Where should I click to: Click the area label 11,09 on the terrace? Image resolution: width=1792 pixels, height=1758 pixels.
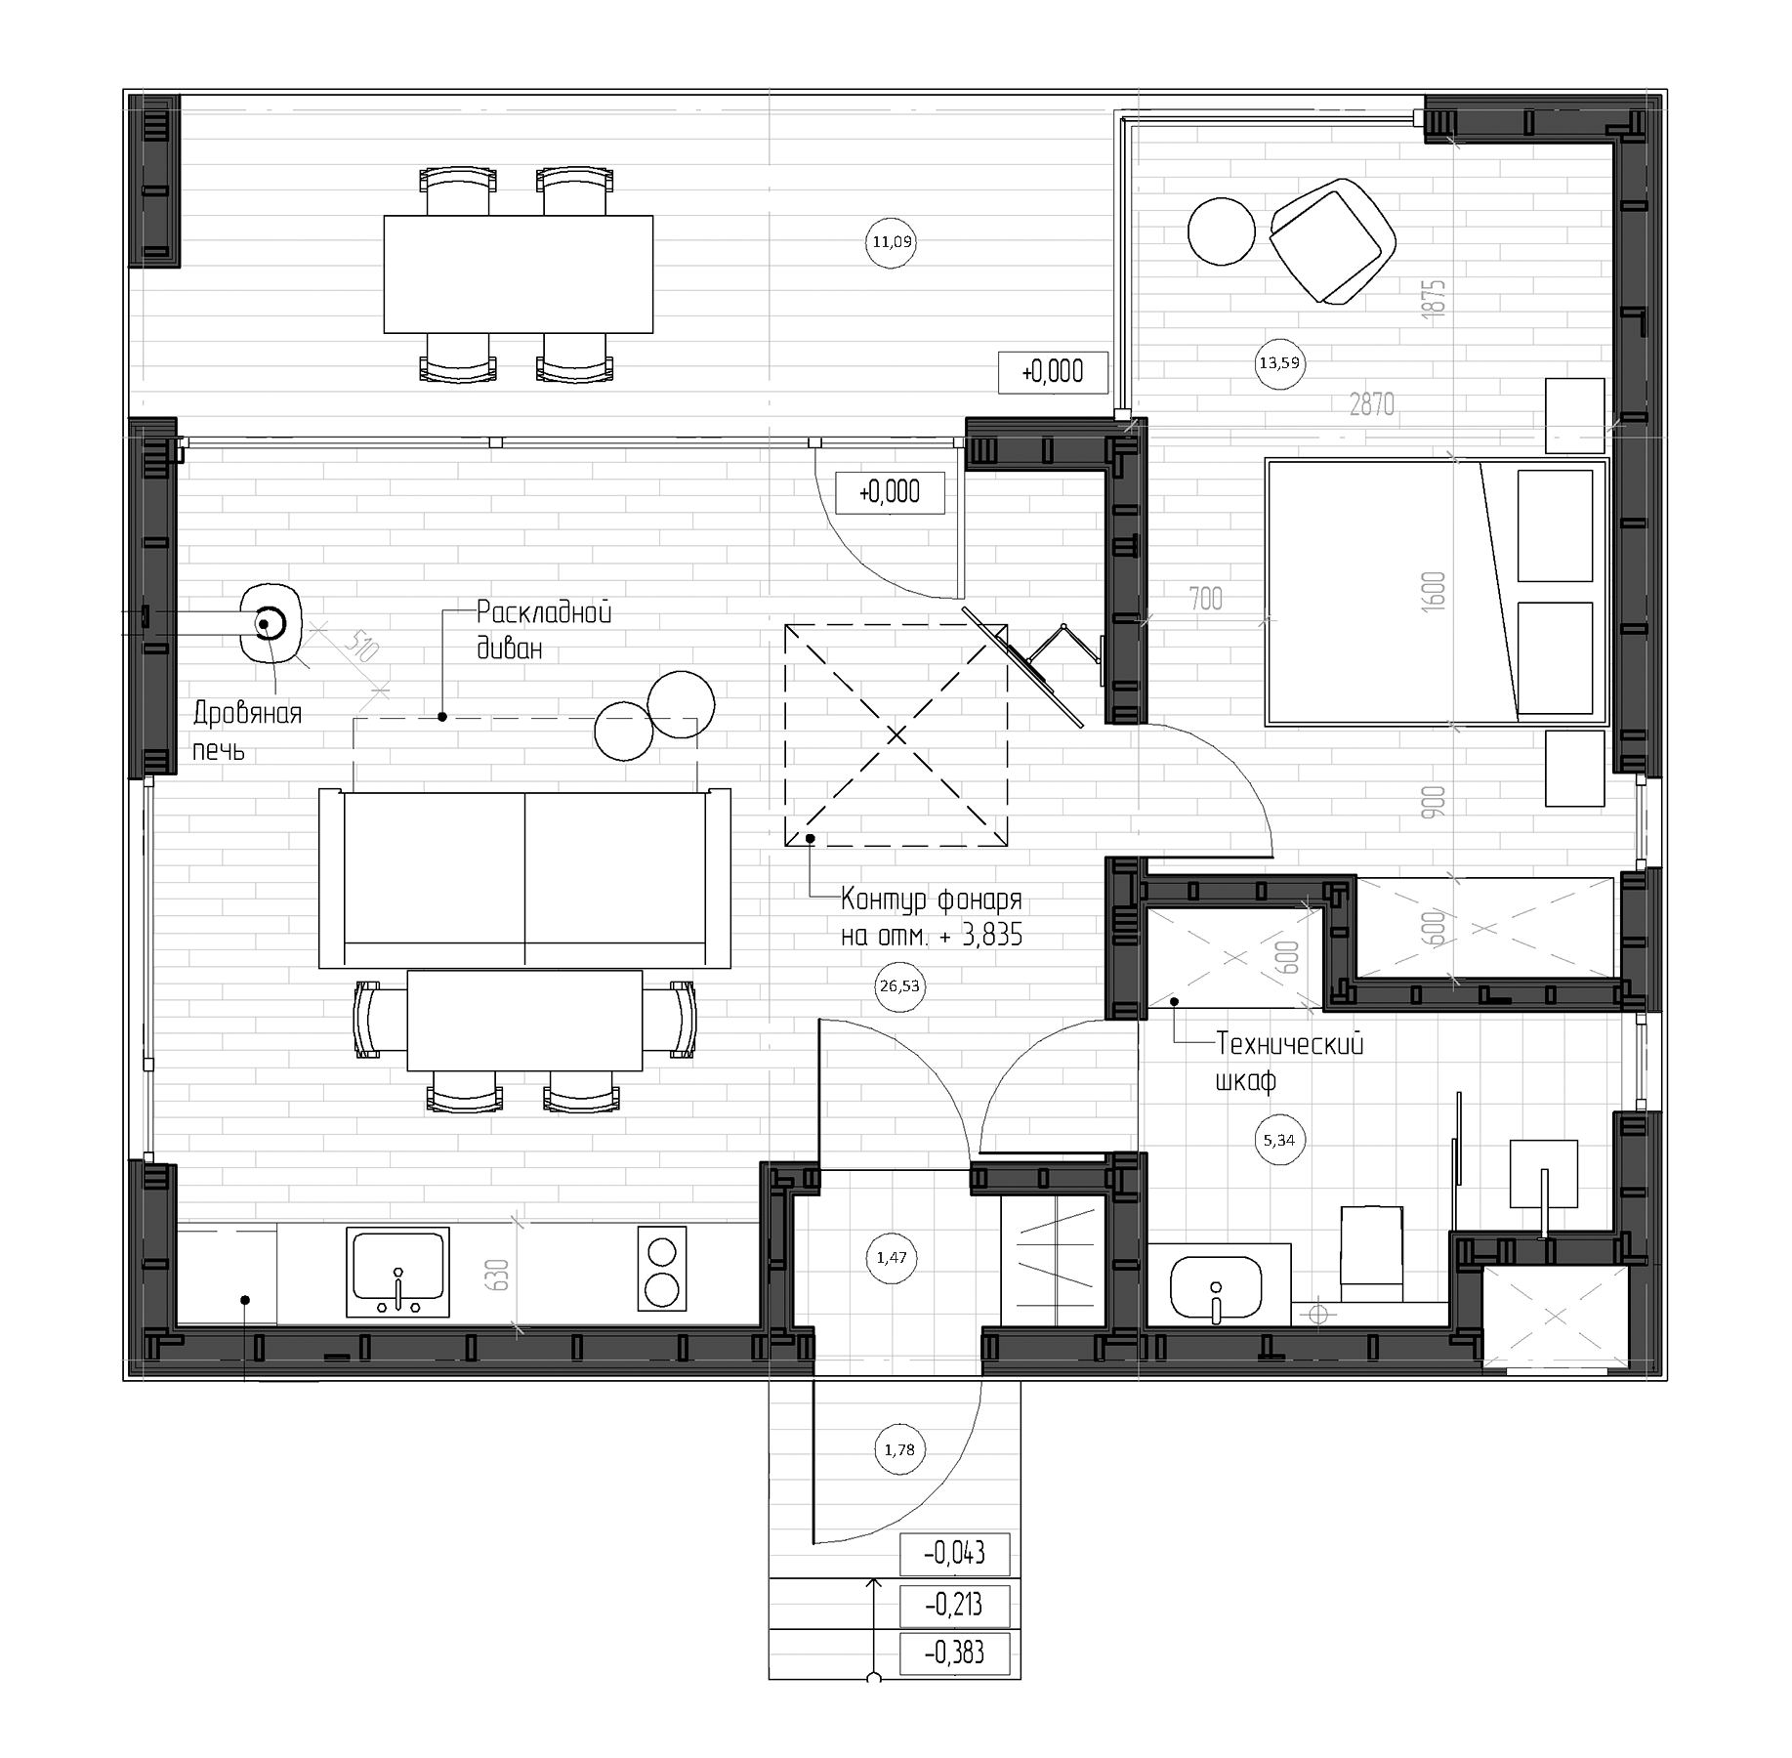[892, 241]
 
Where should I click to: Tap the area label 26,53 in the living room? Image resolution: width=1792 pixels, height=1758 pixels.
[898, 986]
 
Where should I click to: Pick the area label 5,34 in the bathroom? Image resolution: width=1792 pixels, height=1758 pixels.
[1278, 1140]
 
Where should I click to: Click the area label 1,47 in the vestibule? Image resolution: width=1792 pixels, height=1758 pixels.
[891, 1258]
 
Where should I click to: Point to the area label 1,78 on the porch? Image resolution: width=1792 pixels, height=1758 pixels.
[898, 1450]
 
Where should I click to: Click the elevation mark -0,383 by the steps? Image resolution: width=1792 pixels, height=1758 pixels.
[954, 1653]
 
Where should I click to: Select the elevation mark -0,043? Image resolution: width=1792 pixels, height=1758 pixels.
[954, 1552]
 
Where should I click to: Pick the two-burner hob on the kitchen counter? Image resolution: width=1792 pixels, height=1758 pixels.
[661, 1268]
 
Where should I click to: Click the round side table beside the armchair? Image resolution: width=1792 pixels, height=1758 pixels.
[1221, 231]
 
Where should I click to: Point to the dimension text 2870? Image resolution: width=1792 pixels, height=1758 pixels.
[1371, 403]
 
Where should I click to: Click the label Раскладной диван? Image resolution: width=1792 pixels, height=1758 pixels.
[543, 630]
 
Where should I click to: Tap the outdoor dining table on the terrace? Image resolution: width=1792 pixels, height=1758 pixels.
[518, 274]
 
